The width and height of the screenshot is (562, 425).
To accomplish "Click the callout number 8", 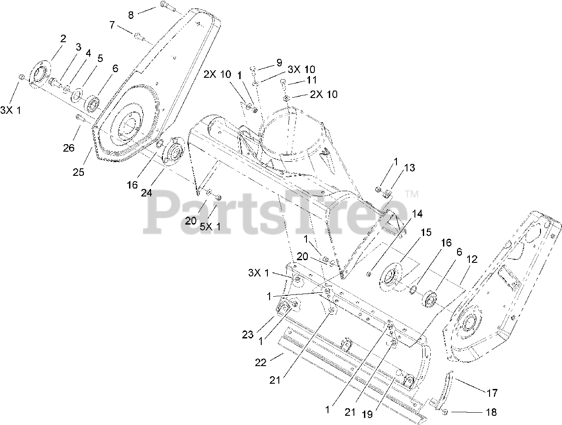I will [x=131, y=15].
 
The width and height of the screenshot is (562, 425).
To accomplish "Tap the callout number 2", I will [x=63, y=39].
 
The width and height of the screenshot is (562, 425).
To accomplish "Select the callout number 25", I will [x=78, y=172].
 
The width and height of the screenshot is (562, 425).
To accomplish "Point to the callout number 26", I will [x=68, y=148].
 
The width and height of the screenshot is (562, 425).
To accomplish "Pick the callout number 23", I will [x=248, y=334].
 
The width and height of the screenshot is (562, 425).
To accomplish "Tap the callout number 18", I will [x=491, y=412].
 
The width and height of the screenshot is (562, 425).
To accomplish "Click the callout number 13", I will [x=409, y=168].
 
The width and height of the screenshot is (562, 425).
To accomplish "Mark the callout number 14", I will [x=417, y=214].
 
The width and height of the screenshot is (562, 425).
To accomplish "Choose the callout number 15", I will [x=426, y=232].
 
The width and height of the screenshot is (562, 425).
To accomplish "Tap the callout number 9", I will [x=279, y=63].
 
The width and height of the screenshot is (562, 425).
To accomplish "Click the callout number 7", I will [x=112, y=25].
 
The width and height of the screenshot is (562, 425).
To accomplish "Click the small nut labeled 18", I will [x=444, y=411].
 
